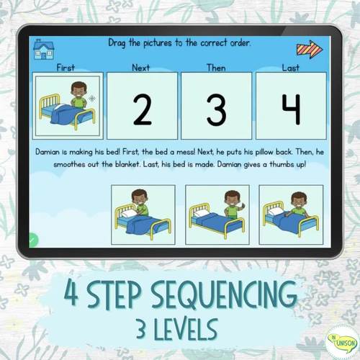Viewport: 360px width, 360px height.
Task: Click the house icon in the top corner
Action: coord(44,48)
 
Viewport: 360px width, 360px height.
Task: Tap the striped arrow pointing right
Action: coord(310,49)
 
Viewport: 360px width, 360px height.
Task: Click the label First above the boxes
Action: coord(66,67)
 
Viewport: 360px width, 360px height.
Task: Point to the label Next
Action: coord(141,67)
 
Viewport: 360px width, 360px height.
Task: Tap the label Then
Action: coord(215,67)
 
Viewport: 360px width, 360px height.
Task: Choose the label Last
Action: coord(290,67)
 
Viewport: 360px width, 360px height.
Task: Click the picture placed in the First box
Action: coord(68,106)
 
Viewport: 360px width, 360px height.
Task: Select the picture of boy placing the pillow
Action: coord(143,215)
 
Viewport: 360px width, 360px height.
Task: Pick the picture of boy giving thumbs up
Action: coord(217,215)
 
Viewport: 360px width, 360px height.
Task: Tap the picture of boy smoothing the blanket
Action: coord(292,215)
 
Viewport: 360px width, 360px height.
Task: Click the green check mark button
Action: coord(33,243)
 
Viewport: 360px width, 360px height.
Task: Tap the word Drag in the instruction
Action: coord(118,42)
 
